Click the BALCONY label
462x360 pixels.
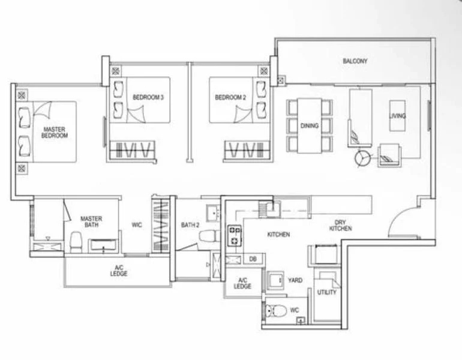[x=355, y=61]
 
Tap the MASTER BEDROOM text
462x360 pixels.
[x=55, y=133]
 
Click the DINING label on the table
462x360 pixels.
[x=310, y=125]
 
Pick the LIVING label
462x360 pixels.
[x=398, y=116]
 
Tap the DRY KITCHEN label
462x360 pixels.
[x=340, y=226]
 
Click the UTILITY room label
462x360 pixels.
[x=326, y=293]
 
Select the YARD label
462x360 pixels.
[x=295, y=280]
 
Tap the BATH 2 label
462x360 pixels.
[x=190, y=226]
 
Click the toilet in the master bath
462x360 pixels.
[x=76, y=242]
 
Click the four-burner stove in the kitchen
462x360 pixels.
[x=233, y=236]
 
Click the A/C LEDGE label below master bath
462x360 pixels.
[x=118, y=271]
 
